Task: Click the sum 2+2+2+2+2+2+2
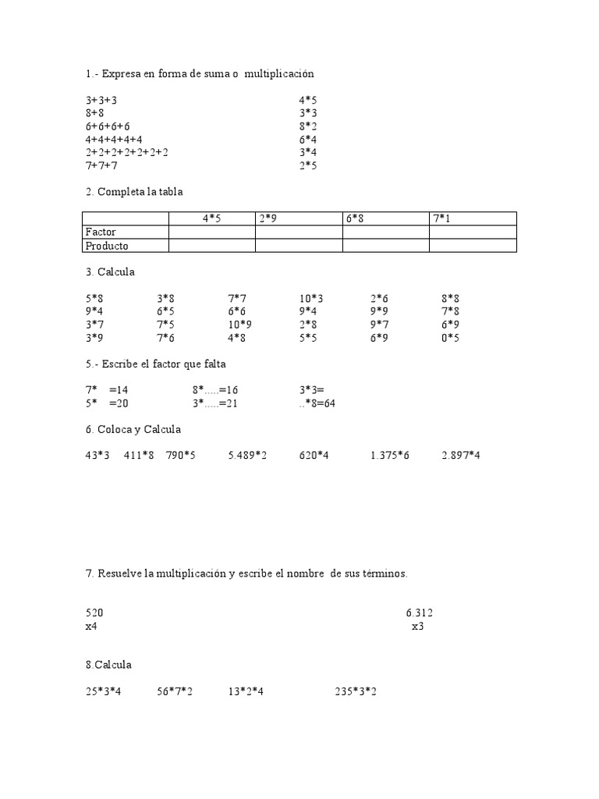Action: (127, 152)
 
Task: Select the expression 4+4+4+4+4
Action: (114, 139)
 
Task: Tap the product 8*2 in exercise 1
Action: (308, 126)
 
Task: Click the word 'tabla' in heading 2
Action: (171, 191)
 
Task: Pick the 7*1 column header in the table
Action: (441, 218)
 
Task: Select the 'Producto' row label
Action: (106, 246)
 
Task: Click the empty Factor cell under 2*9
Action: (299, 232)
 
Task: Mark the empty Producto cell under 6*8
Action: (385, 246)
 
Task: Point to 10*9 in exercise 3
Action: (239, 324)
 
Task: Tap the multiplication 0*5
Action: (450, 338)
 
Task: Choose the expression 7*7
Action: (237, 297)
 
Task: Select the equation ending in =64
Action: (317, 403)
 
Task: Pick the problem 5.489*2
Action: (247, 455)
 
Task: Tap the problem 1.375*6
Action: (390, 455)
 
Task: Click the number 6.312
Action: (419, 613)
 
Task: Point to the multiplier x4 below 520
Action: (91, 626)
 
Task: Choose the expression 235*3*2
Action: (356, 691)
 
